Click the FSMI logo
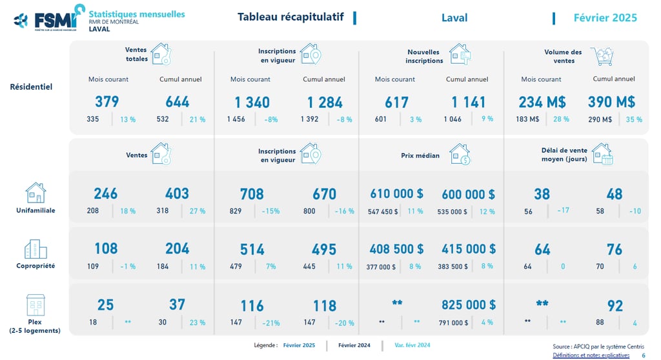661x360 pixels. point(48,18)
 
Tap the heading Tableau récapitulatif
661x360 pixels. point(290,17)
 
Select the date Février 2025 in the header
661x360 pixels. point(605,17)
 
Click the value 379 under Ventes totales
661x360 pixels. point(107,102)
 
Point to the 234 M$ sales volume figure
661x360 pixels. point(542,102)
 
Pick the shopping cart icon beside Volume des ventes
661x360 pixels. point(601,57)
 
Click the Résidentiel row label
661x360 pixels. point(31,86)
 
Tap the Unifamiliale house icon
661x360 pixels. point(35,192)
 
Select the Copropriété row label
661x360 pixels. point(36,266)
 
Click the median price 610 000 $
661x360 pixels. point(396,194)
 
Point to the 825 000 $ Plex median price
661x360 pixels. point(469,305)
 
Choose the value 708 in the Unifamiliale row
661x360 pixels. point(251,194)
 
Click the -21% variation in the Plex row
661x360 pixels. point(271,323)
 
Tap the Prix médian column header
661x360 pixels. point(420,155)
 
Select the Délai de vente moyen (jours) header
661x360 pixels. point(564,155)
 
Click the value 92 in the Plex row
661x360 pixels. point(615,305)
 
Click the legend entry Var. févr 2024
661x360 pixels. point(412,345)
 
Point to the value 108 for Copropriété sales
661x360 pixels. point(106,249)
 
